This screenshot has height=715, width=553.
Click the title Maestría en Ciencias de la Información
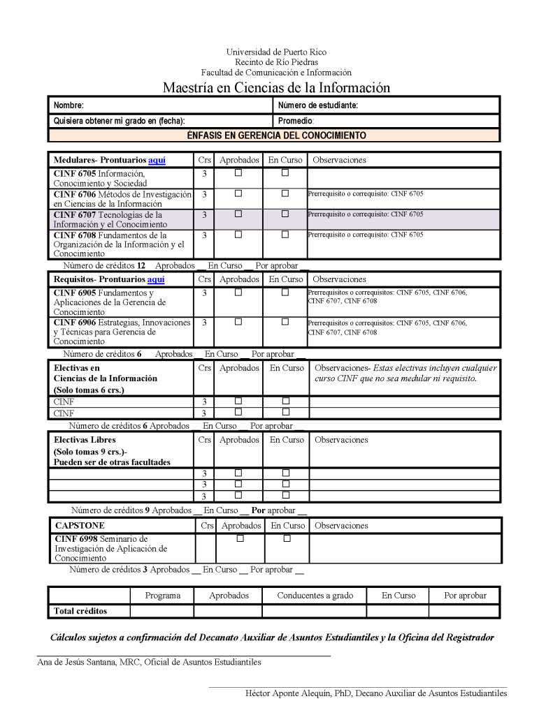click(276, 87)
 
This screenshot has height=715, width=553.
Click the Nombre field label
click(69, 105)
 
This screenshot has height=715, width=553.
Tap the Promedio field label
click(296, 121)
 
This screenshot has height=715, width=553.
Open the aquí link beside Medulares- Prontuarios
click(157, 160)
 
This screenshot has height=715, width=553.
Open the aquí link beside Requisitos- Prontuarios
click(156, 279)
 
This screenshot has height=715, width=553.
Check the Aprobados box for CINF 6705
click(238, 172)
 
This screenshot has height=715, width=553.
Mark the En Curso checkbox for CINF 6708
click(285, 235)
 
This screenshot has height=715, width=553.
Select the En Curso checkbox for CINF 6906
click(285, 322)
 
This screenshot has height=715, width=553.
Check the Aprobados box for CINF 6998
click(240, 538)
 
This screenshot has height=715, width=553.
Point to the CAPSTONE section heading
click(80, 525)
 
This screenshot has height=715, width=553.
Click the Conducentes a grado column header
click(315, 596)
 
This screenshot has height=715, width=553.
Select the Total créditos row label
click(80, 611)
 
